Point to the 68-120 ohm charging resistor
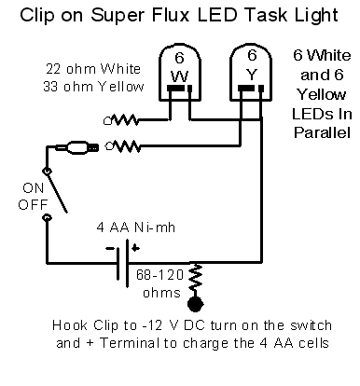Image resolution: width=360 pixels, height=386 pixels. tap(195, 279)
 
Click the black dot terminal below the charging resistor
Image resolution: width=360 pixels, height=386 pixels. tap(196, 304)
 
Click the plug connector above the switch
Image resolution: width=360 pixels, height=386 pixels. tap(77, 147)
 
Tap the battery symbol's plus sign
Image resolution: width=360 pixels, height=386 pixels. tap(135, 248)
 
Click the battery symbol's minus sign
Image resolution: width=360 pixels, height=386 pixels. tap(110, 248)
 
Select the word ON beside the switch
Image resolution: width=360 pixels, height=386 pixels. tap(34, 188)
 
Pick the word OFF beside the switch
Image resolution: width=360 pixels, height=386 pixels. tap(33, 205)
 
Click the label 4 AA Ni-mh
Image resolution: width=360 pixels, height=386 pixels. tap(136, 227)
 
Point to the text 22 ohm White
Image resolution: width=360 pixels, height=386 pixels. tap(93, 69)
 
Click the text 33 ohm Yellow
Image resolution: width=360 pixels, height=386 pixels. tap(93, 87)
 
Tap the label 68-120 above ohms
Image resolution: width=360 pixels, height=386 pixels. tap(159, 275)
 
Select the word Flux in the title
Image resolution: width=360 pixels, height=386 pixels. tap(171, 15)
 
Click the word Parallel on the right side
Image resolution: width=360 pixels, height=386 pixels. tap(322, 132)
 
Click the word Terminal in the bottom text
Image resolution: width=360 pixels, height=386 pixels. tap(130, 343)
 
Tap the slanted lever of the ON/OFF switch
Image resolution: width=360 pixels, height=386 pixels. tap(57, 192)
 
